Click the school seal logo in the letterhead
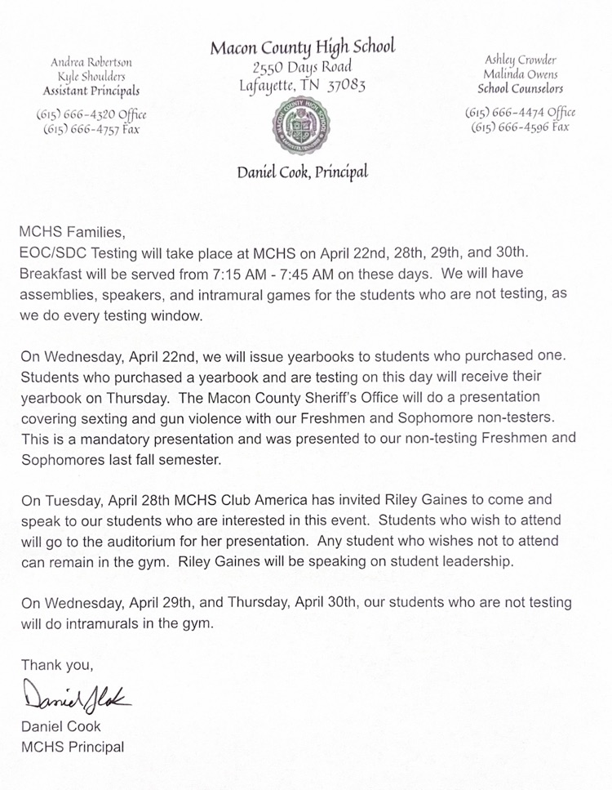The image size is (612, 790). (x=303, y=124)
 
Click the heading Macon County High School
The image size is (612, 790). (x=303, y=48)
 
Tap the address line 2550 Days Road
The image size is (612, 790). (x=303, y=67)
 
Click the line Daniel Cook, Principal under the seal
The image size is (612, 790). (x=303, y=172)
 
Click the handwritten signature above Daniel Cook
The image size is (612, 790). (x=78, y=696)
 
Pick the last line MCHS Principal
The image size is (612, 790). (x=72, y=746)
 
